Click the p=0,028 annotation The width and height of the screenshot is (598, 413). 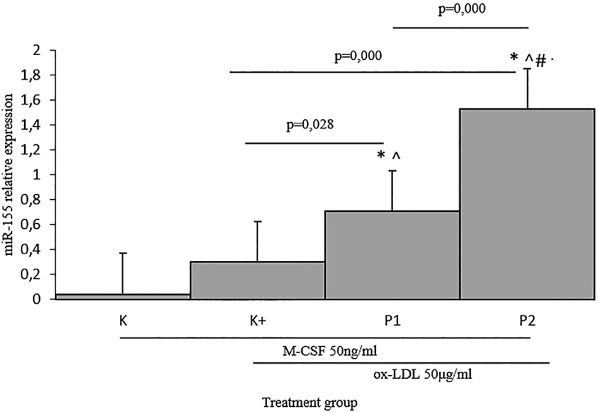coord(309,125)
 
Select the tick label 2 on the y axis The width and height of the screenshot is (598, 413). coord(37,51)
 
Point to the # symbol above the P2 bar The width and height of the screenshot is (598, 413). coord(541,61)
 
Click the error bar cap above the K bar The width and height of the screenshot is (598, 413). coord(122,253)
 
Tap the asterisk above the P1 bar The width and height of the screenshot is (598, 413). coord(381,156)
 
